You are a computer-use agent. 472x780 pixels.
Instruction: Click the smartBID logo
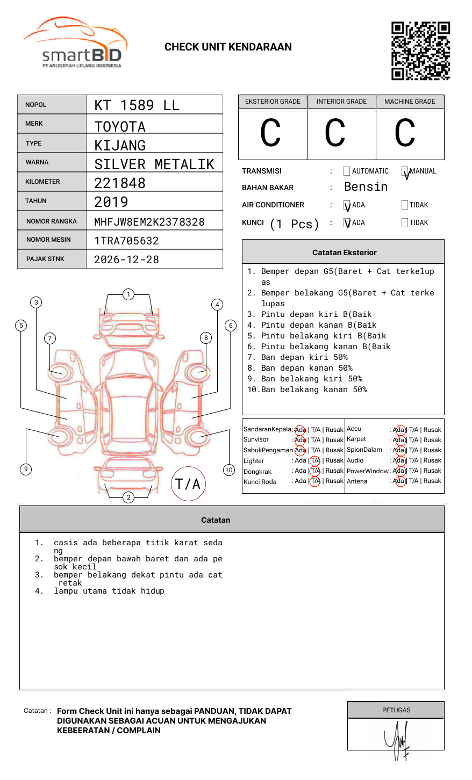point(76,42)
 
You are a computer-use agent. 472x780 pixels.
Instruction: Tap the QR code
point(420,51)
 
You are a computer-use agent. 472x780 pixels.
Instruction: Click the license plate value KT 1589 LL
point(137,105)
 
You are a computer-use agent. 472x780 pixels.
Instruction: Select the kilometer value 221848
point(119,183)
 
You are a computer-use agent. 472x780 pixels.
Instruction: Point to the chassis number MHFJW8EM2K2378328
point(149,222)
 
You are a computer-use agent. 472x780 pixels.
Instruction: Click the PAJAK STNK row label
point(45,259)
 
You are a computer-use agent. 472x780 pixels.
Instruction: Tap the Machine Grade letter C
point(405,133)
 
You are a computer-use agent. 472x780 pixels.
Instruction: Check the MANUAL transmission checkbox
point(405,171)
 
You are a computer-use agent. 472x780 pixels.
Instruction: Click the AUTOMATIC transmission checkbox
point(347,171)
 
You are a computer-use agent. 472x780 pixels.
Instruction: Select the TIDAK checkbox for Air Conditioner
point(405,205)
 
